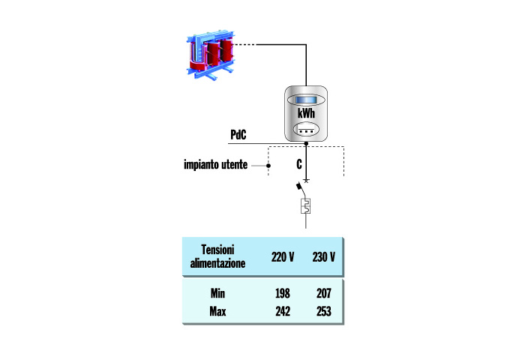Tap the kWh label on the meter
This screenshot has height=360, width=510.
pyautogui.click(x=305, y=113)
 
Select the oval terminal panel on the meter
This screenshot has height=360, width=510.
pyautogui.click(x=305, y=129)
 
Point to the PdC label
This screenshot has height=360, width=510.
pyautogui.click(x=239, y=135)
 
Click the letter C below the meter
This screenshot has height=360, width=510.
pyautogui.click(x=298, y=163)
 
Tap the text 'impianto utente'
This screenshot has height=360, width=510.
pyautogui.click(x=215, y=164)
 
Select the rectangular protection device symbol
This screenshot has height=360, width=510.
pyautogui.click(x=305, y=208)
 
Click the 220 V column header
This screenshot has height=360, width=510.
pyautogui.click(x=282, y=257)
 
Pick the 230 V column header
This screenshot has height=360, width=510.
pyautogui.click(x=323, y=257)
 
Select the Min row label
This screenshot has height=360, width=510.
pyautogui.click(x=217, y=293)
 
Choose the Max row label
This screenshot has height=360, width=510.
pyautogui.click(x=217, y=310)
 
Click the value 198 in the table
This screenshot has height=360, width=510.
pyautogui.click(x=283, y=293)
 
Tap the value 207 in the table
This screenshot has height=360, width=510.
pyautogui.click(x=323, y=293)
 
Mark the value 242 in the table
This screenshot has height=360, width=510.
pyautogui.click(x=283, y=310)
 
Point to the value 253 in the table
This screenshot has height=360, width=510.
pyautogui.click(x=323, y=310)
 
